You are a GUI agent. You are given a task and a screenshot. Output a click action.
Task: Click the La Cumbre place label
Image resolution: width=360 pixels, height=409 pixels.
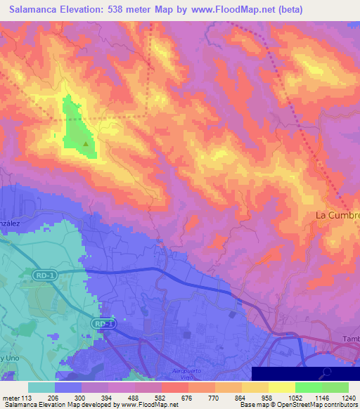337,214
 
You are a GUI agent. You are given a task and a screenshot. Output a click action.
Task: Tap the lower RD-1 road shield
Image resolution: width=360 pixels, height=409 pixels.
103,323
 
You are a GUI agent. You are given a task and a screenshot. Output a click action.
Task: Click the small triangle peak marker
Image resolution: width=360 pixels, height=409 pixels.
86,144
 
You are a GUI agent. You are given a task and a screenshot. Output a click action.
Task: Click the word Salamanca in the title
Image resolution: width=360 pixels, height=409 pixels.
37,11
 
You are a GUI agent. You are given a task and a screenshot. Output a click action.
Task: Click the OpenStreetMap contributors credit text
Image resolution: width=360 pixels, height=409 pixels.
309,405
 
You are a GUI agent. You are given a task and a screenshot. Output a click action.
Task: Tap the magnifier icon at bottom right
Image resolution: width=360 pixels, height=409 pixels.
328,373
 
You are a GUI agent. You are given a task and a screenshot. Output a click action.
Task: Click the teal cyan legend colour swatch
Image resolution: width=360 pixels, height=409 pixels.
41,387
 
